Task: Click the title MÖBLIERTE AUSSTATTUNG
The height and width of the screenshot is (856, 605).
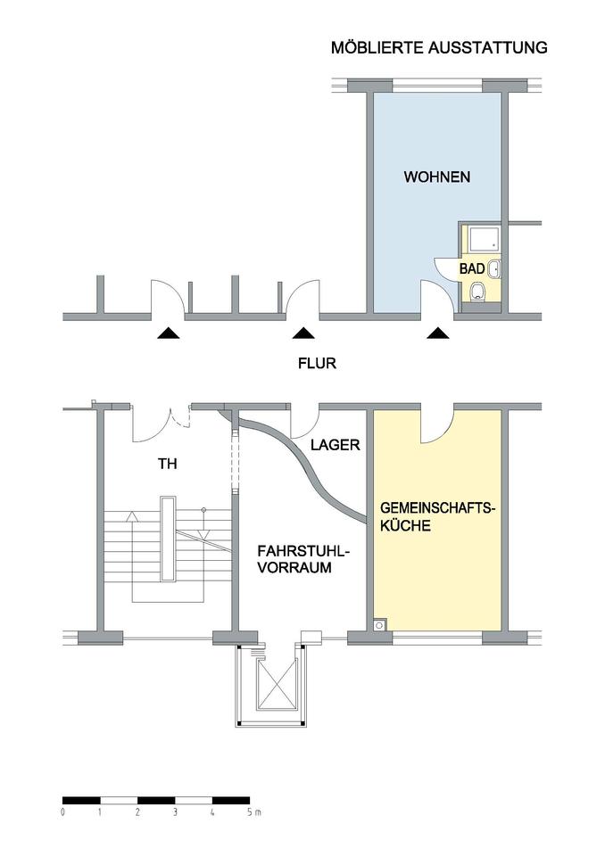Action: (439, 48)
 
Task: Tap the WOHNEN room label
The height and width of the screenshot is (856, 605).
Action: (437, 177)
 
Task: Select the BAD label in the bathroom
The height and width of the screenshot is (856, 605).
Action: (473, 268)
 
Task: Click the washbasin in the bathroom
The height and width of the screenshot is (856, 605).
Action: (495, 267)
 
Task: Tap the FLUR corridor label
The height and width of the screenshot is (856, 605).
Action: (317, 364)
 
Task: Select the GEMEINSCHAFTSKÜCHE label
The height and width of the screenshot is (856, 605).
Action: (437, 517)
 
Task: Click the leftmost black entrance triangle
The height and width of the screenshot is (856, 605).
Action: (168, 333)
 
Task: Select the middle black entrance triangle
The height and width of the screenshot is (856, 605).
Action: (304, 333)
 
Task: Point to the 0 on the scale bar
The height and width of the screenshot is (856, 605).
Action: (63, 813)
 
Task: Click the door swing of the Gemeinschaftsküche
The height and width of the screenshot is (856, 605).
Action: (438, 426)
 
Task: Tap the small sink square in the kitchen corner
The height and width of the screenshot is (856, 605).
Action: (380, 625)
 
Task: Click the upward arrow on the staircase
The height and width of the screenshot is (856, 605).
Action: (132, 515)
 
